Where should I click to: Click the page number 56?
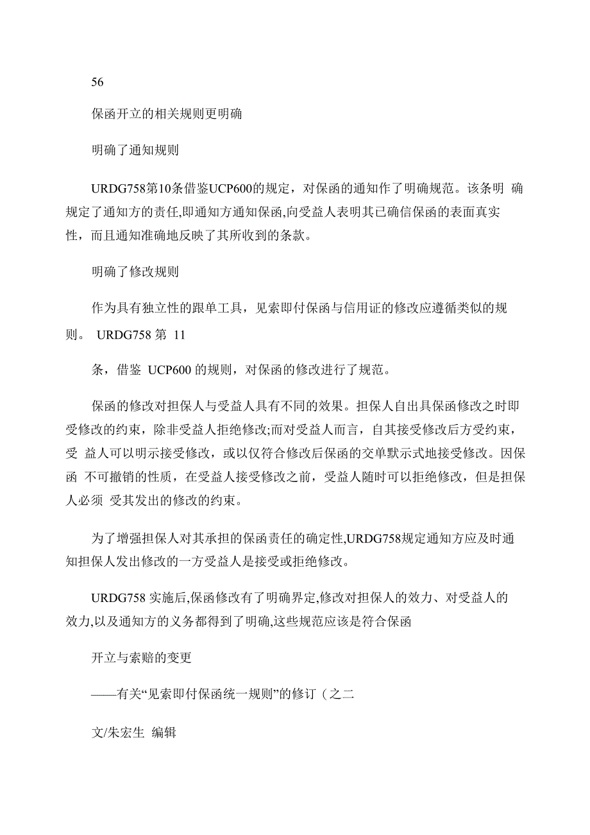[x=97, y=82]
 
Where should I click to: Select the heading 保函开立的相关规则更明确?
[x=167, y=116]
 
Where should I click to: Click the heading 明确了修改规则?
[x=135, y=271]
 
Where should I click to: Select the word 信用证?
[x=362, y=308]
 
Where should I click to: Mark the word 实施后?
[x=168, y=598]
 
